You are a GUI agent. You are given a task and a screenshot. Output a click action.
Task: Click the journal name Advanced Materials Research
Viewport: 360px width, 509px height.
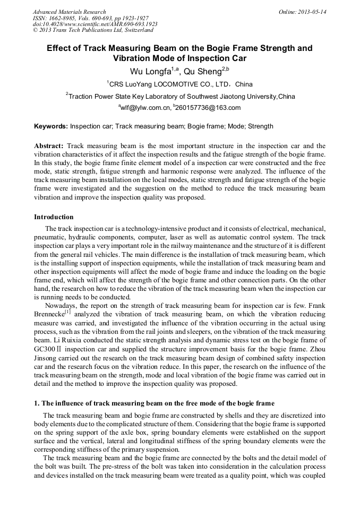pyautogui.click(x=69, y=12)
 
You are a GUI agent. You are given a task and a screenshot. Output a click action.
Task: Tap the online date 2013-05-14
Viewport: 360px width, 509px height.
pyautogui.click(x=313, y=12)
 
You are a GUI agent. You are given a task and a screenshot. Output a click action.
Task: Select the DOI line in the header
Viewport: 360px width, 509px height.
pyautogui.click(x=95, y=24)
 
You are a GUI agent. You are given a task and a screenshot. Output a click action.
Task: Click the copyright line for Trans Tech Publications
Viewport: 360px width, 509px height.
pyautogui.click(x=93, y=30)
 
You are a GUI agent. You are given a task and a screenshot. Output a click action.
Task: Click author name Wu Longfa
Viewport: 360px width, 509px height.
pyautogui.click(x=152, y=71)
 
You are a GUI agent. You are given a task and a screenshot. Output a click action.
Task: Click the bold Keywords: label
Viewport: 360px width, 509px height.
pyautogui.click(x=51, y=126)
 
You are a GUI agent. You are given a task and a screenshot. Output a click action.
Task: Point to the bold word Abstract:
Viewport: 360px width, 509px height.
pyautogui.click(x=49, y=145)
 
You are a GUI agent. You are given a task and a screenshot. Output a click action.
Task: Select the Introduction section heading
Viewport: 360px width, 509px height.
pyautogui.click(x=54, y=217)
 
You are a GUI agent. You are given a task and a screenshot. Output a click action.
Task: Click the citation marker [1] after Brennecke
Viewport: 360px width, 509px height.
pyautogui.click(x=67, y=312)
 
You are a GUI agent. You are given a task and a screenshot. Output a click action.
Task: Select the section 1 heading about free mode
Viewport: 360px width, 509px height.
pyautogui.click(x=154, y=404)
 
